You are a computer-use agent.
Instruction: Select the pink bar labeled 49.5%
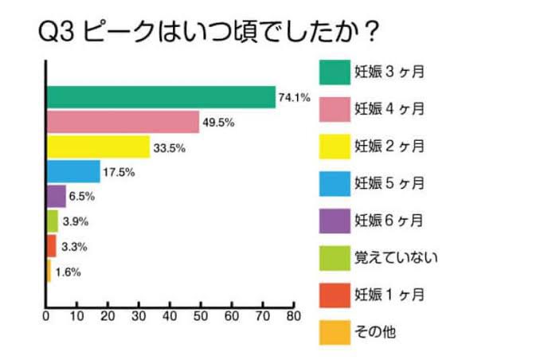point(123,122)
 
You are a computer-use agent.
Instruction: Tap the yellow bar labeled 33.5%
point(98,147)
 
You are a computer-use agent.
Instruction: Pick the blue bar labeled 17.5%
point(73,171)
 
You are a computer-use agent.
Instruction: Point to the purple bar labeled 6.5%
point(57,196)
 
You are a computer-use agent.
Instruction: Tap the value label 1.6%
point(68,272)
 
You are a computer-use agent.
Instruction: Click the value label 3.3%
point(74,247)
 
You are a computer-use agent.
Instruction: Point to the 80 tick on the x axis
point(293,316)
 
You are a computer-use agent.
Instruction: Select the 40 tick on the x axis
point(170,316)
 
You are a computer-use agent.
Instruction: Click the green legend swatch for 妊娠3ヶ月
point(333,71)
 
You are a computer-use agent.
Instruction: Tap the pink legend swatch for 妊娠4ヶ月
point(333,108)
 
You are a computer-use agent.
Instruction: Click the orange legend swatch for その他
point(333,331)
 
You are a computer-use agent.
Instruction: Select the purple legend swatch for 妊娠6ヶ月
point(333,220)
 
